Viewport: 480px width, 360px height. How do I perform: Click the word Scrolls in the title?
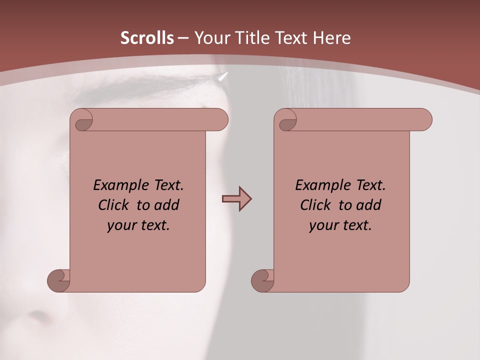coord(147,38)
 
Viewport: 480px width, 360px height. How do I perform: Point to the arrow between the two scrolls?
coord(236,199)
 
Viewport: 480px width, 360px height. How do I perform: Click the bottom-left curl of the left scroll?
coord(59,280)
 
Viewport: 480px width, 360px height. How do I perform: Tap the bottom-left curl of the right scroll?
coord(262,280)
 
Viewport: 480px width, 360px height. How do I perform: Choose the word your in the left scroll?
coord(121,225)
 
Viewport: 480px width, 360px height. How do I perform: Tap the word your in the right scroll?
coord(323,225)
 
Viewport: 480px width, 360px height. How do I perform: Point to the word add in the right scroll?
coord(369,205)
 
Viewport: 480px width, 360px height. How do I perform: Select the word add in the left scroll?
coord(167,205)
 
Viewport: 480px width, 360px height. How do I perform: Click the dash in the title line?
coord(183,38)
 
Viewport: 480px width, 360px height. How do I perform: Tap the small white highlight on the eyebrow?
coord(223,76)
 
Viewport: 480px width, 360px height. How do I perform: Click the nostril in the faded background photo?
coord(37,316)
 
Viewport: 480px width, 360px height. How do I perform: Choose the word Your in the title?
coord(210,38)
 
